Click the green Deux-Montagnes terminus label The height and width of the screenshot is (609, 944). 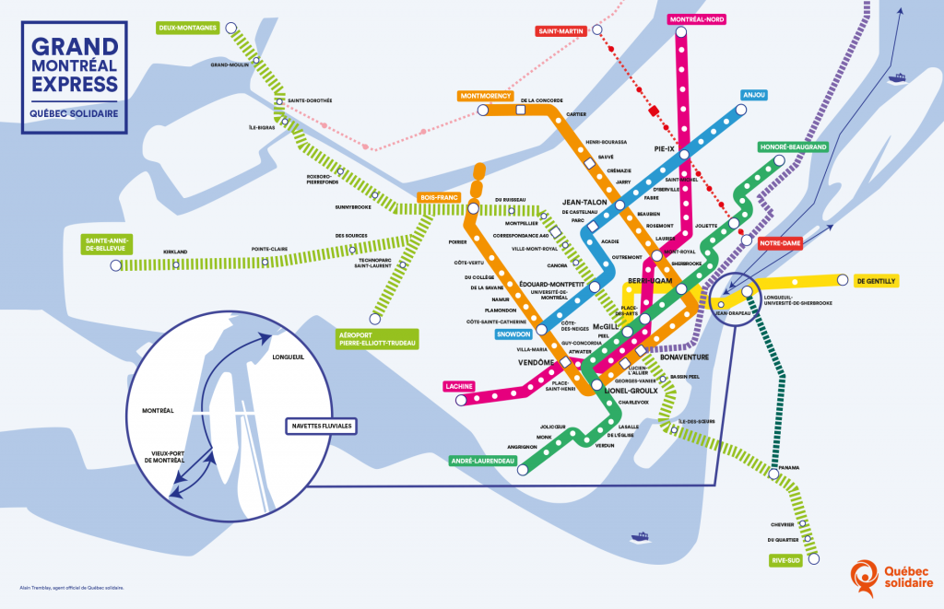(x=187, y=28)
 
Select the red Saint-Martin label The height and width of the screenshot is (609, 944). (x=560, y=31)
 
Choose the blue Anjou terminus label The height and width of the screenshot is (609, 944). (x=753, y=95)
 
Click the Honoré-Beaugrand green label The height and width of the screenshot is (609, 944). (x=793, y=146)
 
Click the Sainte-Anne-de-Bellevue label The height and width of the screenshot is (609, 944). (x=107, y=244)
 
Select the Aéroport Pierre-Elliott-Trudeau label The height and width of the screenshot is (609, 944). (x=378, y=338)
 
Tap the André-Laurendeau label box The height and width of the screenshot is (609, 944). (x=482, y=460)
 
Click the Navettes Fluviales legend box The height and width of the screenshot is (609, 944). (x=319, y=427)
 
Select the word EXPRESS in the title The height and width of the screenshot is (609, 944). (x=75, y=85)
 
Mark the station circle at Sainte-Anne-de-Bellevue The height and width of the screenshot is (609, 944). (x=115, y=265)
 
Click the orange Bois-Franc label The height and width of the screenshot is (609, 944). (x=439, y=197)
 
